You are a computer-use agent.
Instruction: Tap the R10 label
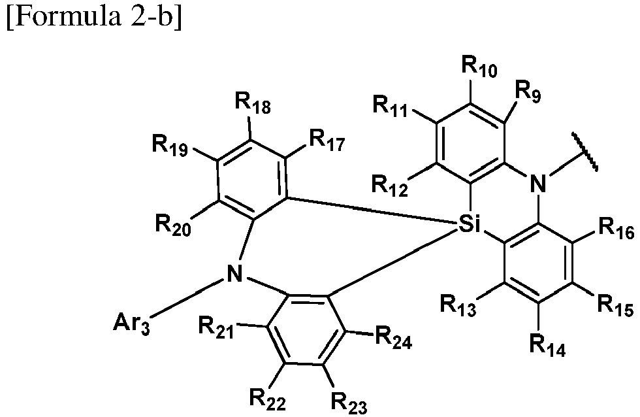479,66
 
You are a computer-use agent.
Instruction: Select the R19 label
170,145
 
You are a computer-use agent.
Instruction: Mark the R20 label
173,225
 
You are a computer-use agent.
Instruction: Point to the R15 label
615,306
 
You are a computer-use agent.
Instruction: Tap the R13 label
458,306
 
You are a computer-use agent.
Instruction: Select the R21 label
217,327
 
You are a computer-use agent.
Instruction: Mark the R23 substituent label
349,403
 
